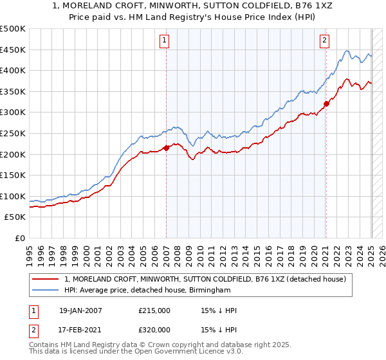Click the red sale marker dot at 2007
[x=167, y=148]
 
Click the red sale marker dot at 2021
[x=326, y=104]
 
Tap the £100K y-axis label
[x=14, y=196]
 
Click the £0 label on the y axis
[x=20, y=238]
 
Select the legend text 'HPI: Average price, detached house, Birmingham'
[x=147, y=291]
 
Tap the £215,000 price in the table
[x=154, y=310]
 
